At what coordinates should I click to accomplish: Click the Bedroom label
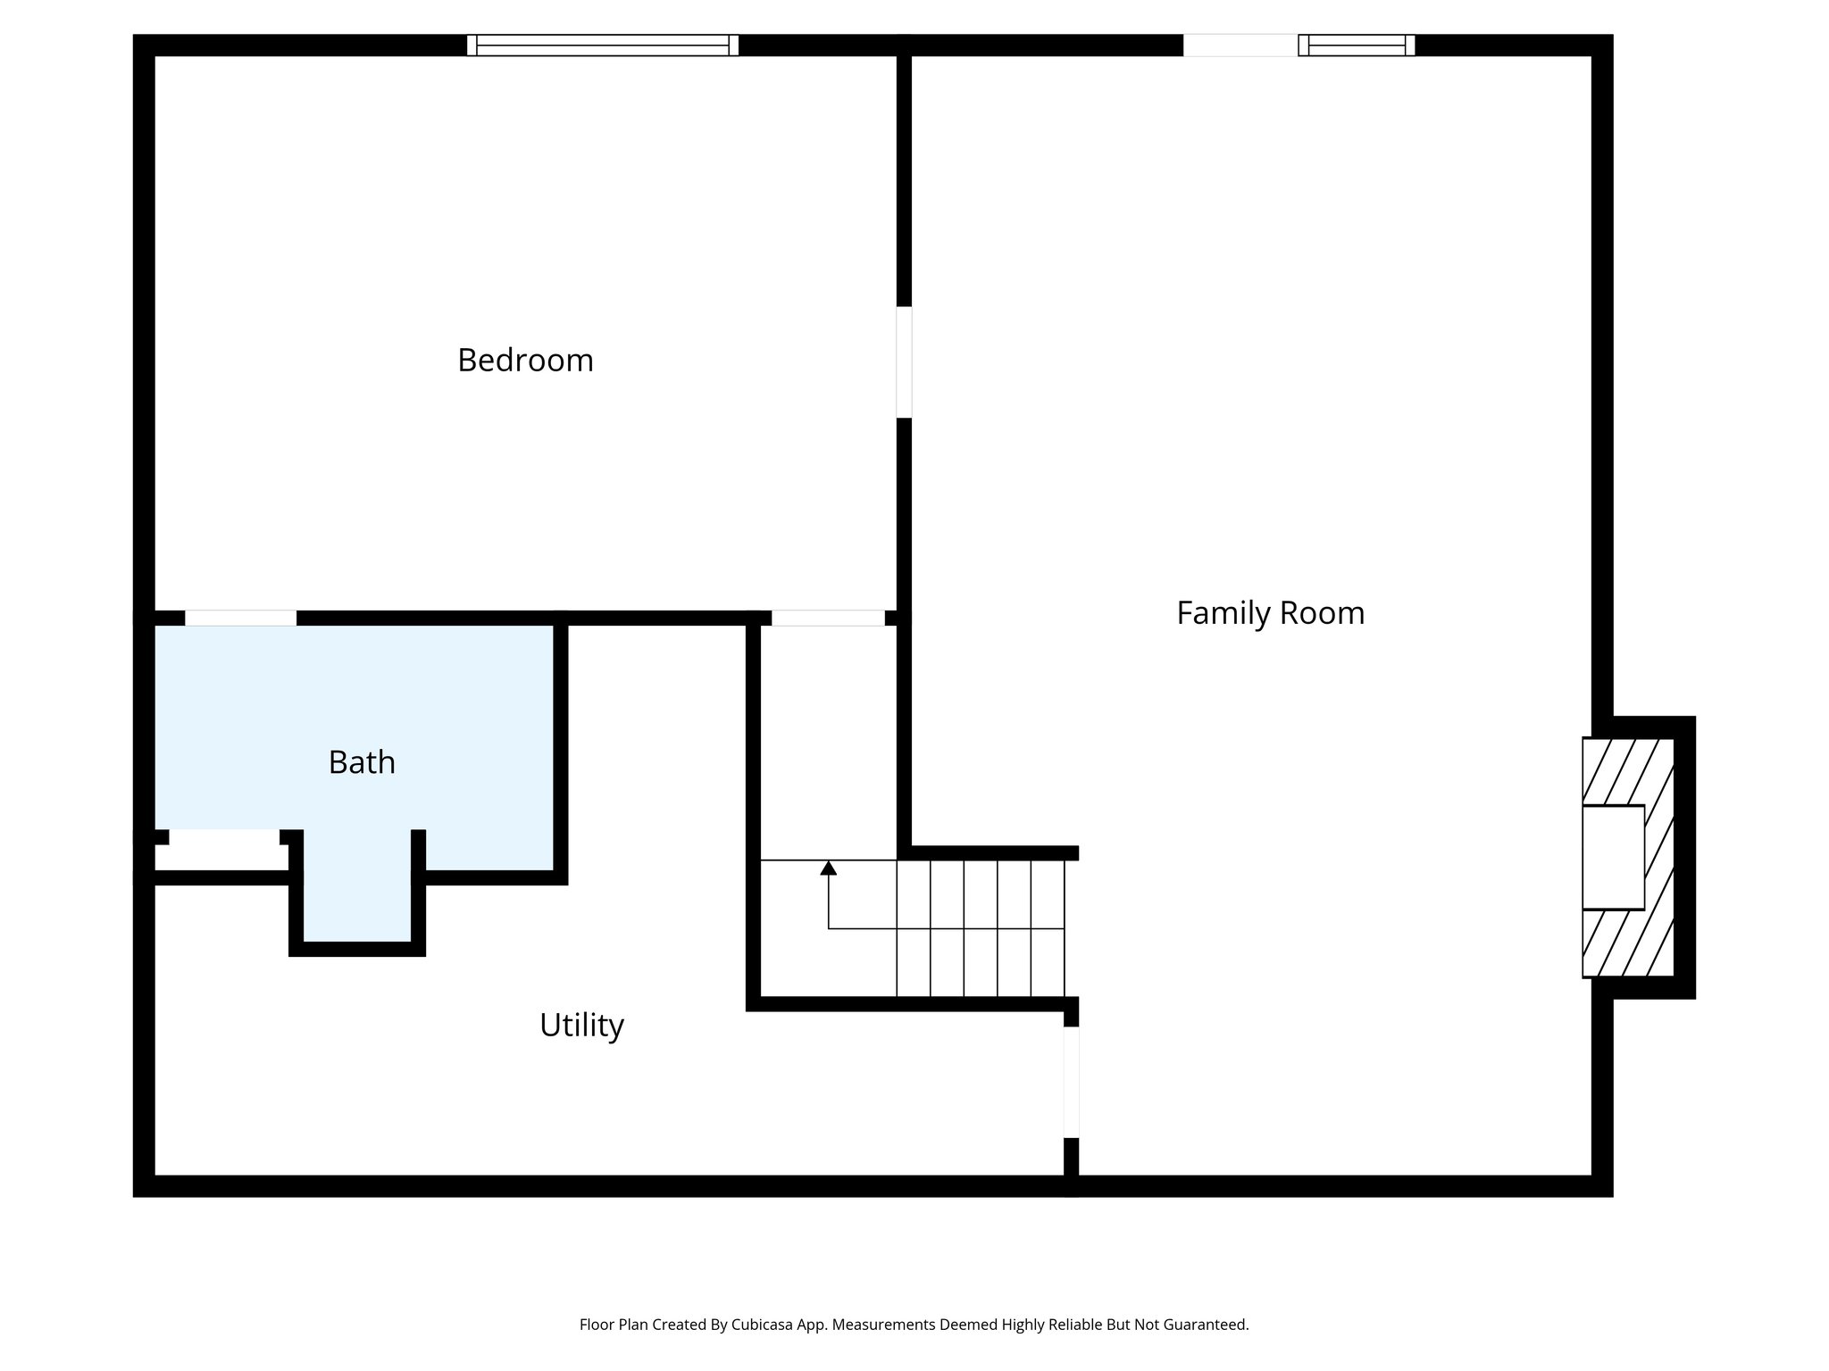[525, 361]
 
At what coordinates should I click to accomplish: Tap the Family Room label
[1270, 613]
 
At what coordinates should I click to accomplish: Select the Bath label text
[362, 762]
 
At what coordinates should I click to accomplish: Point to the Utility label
[581, 1025]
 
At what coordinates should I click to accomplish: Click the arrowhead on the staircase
[829, 868]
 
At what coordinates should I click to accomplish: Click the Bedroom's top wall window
[603, 46]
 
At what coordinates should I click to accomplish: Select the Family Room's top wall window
[1356, 46]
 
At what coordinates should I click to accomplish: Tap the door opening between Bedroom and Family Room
[904, 362]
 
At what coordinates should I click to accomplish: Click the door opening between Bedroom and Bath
[240, 618]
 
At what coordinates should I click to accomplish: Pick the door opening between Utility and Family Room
[1071, 1082]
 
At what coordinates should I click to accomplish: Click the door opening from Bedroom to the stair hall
[828, 618]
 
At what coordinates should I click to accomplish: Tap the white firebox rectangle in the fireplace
[1613, 857]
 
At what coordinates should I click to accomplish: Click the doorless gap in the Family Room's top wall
[1240, 46]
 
